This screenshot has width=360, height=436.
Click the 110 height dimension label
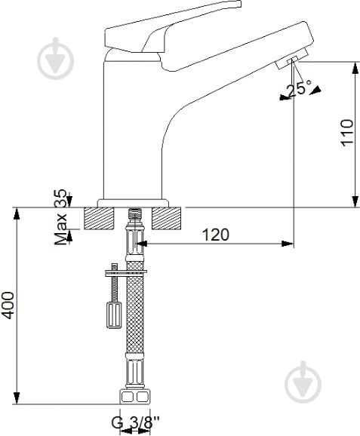(x=347, y=133)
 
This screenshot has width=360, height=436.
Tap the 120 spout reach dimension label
(x=216, y=235)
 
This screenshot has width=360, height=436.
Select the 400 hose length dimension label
(x=8, y=306)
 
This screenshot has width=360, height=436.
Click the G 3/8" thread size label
(x=135, y=422)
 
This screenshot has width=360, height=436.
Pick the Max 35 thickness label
(x=60, y=217)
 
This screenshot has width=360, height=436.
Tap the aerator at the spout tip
(x=291, y=59)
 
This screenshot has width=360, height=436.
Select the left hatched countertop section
(x=100, y=219)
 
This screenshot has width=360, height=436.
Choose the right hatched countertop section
(x=167, y=219)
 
